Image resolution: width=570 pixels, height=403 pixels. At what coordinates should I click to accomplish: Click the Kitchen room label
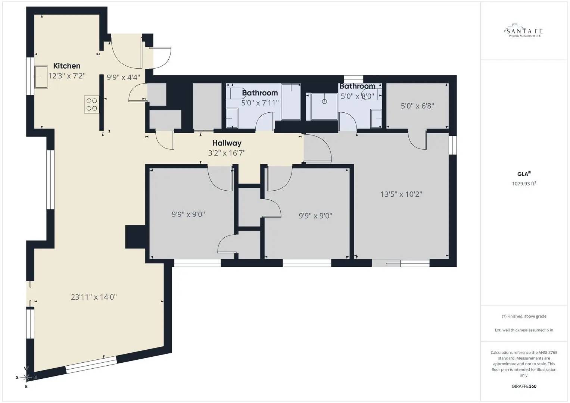pyautogui.click(x=67, y=66)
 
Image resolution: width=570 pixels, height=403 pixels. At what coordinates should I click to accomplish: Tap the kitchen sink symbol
pyautogui.click(x=41, y=77)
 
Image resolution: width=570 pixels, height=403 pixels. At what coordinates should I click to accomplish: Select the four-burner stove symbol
pyautogui.click(x=91, y=104)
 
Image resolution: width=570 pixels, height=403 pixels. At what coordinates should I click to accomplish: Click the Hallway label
pyautogui.click(x=227, y=143)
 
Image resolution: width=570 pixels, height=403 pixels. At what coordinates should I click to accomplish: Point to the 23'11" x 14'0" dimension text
pyautogui.click(x=94, y=297)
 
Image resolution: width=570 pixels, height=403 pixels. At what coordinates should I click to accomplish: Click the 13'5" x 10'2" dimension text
pyautogui.click(x=401, y=194)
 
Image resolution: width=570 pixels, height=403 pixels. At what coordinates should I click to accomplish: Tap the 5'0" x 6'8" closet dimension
pyautogui.click(x=417, y=106)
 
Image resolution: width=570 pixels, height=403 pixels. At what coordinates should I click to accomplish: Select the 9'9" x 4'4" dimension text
pyautogui.click(x=123, y=78)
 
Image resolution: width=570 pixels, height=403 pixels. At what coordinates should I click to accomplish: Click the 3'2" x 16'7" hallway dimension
pyautogui.click(x=227, y=153)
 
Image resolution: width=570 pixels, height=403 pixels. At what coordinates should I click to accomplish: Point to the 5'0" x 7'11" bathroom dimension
pyautogui.click(x=260, y=103)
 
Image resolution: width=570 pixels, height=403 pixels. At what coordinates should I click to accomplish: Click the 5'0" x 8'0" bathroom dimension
pyautogui.click(x=357, y=96)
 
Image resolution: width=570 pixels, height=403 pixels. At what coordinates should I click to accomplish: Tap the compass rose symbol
pyautogui.click(x=26, y=378)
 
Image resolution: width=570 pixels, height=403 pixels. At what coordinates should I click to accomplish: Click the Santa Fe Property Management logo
pyautogui.click(x=524, y=31)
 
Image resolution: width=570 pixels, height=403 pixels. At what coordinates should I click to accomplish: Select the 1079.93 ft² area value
pyautogui.click(x=524, y=184)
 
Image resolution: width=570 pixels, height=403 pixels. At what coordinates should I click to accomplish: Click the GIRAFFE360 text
pyautogui.click(x=524, y=386)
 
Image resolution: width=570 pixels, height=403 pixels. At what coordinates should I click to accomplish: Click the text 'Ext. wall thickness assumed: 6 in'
pyautogui.click(x=524, y=330)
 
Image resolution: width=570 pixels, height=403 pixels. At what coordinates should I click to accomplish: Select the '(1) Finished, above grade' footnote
pyautogui.click(x=524, y=316)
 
